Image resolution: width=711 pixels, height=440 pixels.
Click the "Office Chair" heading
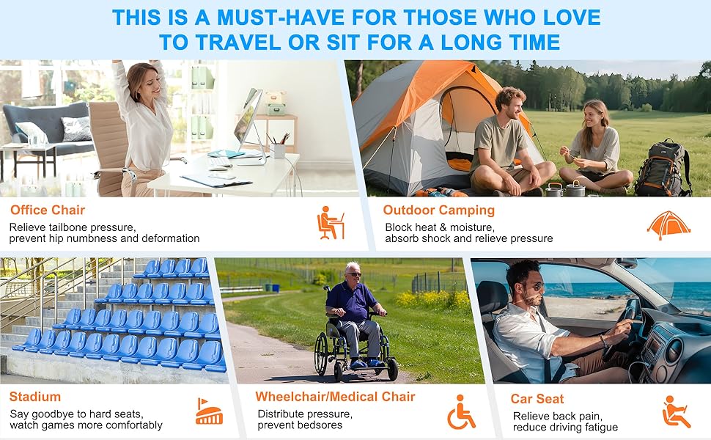(x=48, y=210)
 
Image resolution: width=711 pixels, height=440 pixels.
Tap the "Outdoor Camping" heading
(x=438, y=210)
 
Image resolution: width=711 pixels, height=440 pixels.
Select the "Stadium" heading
(x=35, y=397)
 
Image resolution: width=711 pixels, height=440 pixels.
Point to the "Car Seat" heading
(x=537, y=399)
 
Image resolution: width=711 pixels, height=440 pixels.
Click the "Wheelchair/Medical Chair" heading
(x=335, y=397)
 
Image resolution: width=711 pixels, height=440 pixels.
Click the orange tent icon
(x=668, y=224)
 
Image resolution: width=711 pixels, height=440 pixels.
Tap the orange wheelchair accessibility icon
(x=461, y=412)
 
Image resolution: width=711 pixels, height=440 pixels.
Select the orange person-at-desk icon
(x=331, y=223)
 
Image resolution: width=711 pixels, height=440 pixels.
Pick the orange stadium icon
(x=209, y=411)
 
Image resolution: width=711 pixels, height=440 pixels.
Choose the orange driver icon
(x=676, y=412)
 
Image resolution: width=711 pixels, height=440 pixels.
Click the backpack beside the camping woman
(x=663, y=168)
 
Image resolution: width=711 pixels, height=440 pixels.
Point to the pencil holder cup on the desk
(x=277, y=150)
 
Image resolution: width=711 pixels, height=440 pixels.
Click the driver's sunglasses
(x=536, y=286)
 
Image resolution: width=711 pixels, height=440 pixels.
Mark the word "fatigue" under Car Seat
(x=600, y=428)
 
